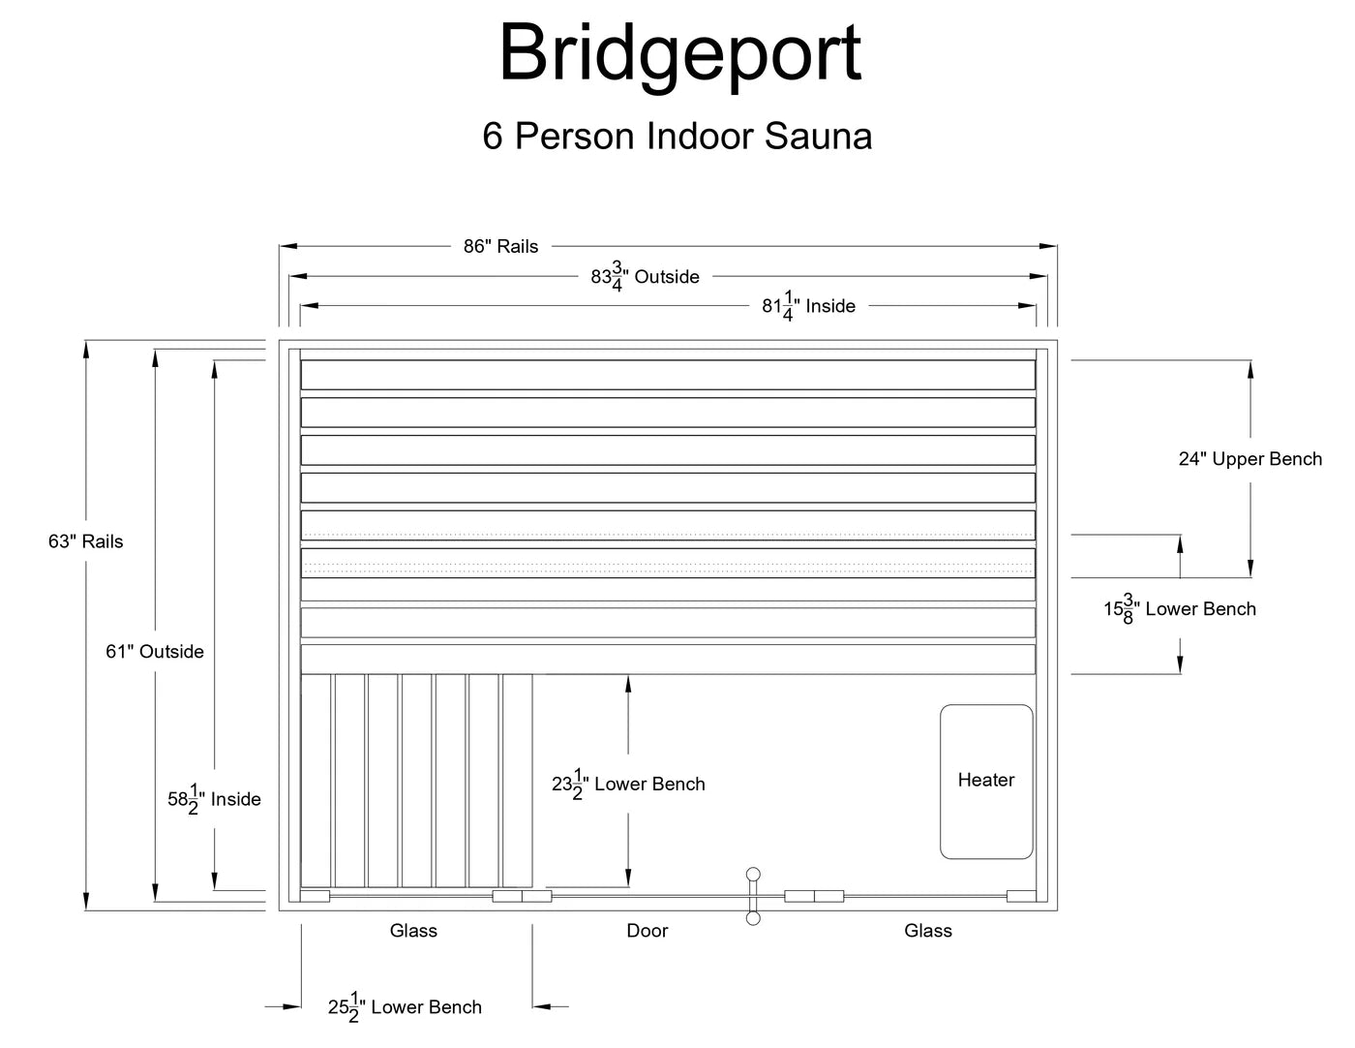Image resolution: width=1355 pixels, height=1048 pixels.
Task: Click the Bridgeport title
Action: click(679, 53)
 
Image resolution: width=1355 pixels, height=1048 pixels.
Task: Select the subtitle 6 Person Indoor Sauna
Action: click(677, 136)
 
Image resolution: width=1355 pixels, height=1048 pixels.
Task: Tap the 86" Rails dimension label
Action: click(500, 246)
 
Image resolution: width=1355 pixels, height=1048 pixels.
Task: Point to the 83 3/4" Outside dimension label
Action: click(645, 277)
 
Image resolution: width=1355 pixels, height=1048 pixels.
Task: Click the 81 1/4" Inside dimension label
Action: click(808, 306)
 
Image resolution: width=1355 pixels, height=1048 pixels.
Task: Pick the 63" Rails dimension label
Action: click(86, 541)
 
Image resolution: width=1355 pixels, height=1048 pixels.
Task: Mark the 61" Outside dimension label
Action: click(155, 652)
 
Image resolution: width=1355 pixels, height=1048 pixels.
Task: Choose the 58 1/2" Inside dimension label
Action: click(214, 799)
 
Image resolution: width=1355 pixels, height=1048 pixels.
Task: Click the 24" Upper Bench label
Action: click(1250, 459)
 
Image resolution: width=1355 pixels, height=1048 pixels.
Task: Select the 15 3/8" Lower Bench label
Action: click(1180, 609)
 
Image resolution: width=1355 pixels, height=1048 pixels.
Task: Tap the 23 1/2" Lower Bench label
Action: click(628, 785)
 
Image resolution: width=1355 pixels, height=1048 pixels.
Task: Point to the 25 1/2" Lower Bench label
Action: click(405, 1007)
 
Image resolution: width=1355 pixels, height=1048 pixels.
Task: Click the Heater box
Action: click(986, 781)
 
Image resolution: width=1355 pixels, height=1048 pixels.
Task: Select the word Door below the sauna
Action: click(647, 931)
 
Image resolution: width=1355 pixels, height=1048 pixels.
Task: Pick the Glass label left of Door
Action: click(413, 931)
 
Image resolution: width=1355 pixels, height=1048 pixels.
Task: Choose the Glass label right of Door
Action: click(928, 931)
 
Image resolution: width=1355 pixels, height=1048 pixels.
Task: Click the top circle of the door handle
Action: click(753, 874)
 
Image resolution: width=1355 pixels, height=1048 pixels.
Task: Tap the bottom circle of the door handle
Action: click(753, 918)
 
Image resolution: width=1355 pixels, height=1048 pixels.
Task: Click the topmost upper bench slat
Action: click(668, 375)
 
